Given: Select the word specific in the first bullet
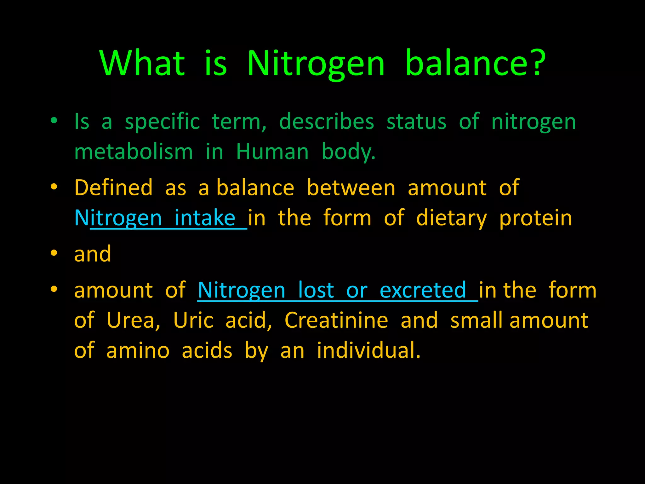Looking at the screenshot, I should pyautogui.click(x=162, y=122).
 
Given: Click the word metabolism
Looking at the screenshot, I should pyautogui.click(x=134, y=152).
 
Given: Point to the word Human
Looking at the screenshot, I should pyautogui.click(x=272, y=152).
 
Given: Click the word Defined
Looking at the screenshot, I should pyautogui.click(x=114, y=188).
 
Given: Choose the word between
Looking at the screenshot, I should pyautogui.click(x=351, y=188).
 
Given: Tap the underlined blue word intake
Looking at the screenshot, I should pyautogui.click(x=205, y=218).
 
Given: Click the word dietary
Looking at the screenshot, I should pyautogui.click(x=451, y=218).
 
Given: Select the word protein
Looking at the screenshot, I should pyautogui.click(x=536, y=218).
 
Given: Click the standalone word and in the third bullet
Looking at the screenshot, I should pyautogui.click(x=93, y=254).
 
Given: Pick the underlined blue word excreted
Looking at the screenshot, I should pyautogui.click(x=423, y=290).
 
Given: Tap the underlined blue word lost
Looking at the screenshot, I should pyautogui.click(x=316, y=290).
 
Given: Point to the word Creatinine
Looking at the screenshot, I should pyautogui.click(x=336, y=320).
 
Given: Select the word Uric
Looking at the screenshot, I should pyautogui.click(x=193, y=320).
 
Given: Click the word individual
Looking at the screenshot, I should pyautogui.click(x=368, y=350).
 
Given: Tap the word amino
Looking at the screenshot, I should pyautogui.click(x=138, y=350).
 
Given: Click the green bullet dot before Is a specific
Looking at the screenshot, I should pyautogui.click(x=54, y=120).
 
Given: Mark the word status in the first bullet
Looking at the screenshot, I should pyautogui.click(x=416, y=122).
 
